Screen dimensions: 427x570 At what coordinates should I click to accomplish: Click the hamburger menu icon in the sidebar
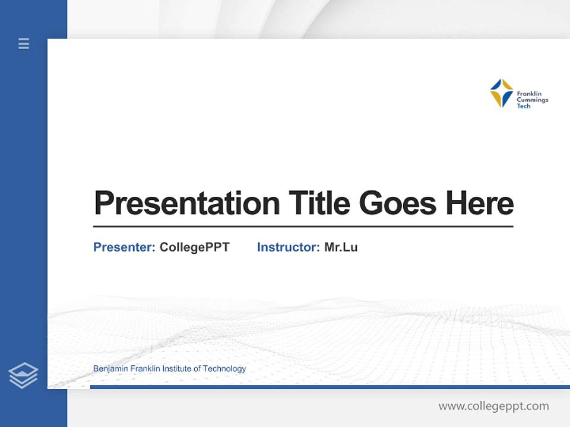click(24, 43)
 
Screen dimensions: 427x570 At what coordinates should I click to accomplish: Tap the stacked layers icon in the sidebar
click(23, 375)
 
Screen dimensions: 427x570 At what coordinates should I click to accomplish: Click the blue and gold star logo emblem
click(501, 93)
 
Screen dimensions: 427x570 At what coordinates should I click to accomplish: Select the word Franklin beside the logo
click(529, 94)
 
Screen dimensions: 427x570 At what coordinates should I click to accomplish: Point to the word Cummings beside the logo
click(532, 100)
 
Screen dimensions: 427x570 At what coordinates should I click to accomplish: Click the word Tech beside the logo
click(523, 106)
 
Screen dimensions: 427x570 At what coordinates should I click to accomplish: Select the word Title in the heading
click(319, 203)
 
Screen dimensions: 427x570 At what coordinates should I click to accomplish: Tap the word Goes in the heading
click(398, 203)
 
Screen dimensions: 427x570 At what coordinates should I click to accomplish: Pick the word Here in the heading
click(480, 203)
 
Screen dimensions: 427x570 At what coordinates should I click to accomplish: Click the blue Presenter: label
click(124, 247)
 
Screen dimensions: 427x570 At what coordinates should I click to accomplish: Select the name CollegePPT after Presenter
click(194, 247)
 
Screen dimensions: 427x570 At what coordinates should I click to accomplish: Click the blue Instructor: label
click(288, 247)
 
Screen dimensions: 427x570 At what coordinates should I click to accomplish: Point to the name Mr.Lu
click(341, 247)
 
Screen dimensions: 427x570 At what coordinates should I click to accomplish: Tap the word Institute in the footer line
click(178, 369)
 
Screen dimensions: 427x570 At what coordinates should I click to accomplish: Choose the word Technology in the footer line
click(224, 369)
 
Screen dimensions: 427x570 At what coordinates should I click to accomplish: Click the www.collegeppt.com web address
click(493, 406)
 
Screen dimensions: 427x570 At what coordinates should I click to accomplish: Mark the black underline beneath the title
click(303, 227)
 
